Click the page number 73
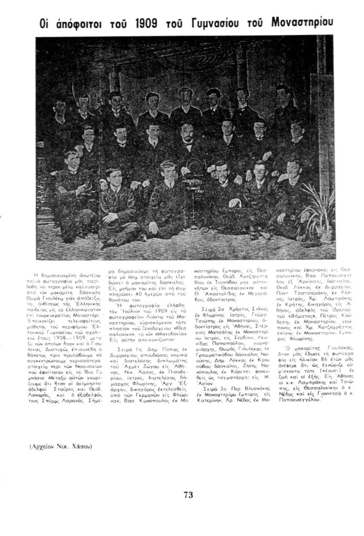pyautogui.click(x=189, y=494)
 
